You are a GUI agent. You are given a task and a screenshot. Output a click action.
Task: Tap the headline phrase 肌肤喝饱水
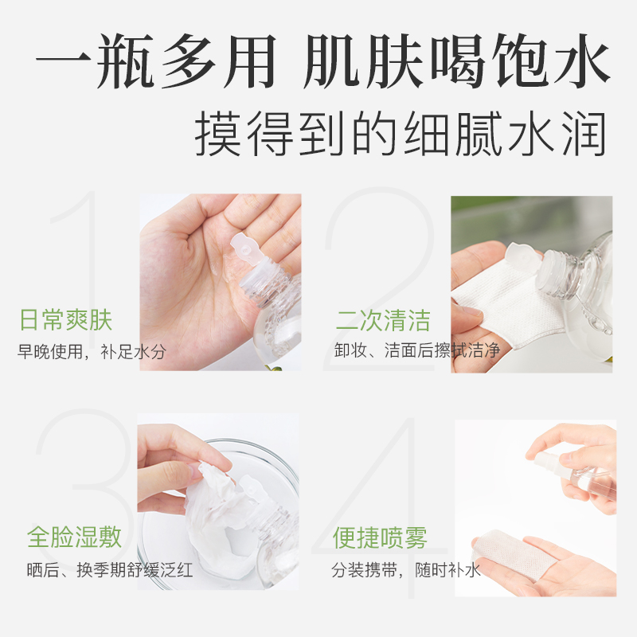[457, 61]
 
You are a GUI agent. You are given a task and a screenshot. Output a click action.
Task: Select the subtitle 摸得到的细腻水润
[401, 133]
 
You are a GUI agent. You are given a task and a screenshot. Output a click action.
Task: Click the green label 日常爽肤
[65, 321]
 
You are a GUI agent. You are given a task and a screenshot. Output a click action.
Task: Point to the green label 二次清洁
[383, 321]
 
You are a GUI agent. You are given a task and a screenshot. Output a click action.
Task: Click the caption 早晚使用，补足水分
[92, 351]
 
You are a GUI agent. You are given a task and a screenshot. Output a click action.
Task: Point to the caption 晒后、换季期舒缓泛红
[105, 570]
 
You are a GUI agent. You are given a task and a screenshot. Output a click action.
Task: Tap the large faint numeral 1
[88, 263]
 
